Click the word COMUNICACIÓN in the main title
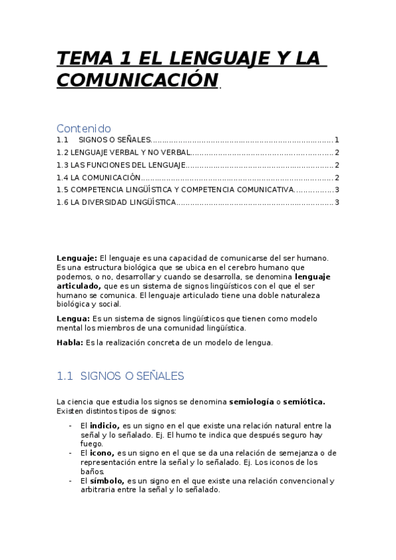click(138, 80)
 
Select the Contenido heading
click(83, 128)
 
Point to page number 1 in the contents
click(337, 140)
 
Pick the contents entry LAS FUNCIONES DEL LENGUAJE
click(128, 165)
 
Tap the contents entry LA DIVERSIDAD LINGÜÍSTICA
click(123, 202)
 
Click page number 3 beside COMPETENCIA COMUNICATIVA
click(337, 190)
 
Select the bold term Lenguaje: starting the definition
click(77, 258)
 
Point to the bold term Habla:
click(70, 342)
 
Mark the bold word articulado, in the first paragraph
click(79, 286)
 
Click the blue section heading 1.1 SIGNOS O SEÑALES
click(120, 376)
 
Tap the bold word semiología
click(251, 401)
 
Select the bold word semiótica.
click(303, 401)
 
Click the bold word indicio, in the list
click(104, 425)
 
